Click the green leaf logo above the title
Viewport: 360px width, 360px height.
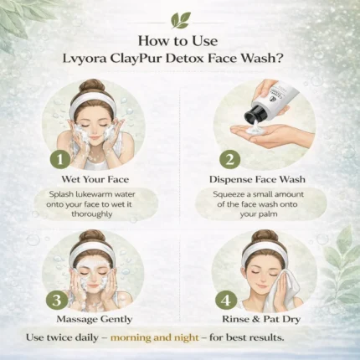pyautogui.click(x=181, y=20)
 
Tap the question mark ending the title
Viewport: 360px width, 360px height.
pyautogui.click(x=280, y=59)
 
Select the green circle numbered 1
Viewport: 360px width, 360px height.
pyautogui.click(x=59, y=160)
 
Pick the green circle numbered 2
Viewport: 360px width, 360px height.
pyautogui.click(x=229, y=160)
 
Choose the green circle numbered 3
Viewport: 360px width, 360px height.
pyautogui.click(x=57, y=301)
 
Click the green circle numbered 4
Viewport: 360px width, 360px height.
pyautogui.click(x=226, y=301)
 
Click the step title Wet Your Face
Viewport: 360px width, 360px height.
pyautogui.click(x=95, y=179)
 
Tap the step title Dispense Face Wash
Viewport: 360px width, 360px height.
pyautogui.click(x=257, y=179)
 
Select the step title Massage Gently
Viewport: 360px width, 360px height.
pyautogui.click(x=95, y=319)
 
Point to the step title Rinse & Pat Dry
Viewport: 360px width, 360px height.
pyautogui.click(x=261, y=319)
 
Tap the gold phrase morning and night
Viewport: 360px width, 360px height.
pyautogui.click(x=155, y=337)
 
